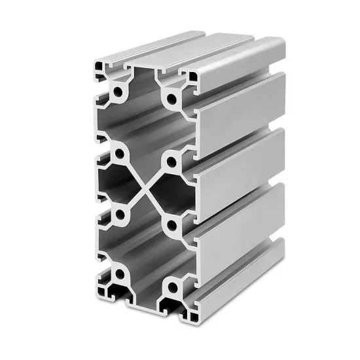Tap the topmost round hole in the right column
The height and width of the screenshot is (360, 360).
coord(172,100)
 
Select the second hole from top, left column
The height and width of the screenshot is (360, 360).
coord(121,154)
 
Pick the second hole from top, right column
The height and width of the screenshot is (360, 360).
coord(171,161)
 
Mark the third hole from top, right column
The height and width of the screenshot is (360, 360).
coord(171,226)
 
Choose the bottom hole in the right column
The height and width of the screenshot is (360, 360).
coord(172,286)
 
